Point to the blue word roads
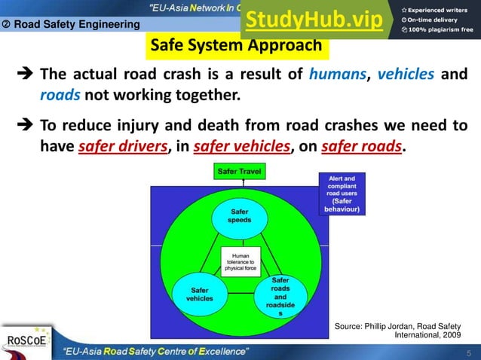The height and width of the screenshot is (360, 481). click(x=59, y=96)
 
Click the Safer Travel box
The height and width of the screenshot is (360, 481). click(x=239, y=172)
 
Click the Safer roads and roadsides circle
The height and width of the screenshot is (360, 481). click(x=280, y=296)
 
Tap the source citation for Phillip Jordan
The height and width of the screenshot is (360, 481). click(x=397, y=329)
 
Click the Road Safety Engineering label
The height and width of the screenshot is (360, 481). click(x=72, y=24)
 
